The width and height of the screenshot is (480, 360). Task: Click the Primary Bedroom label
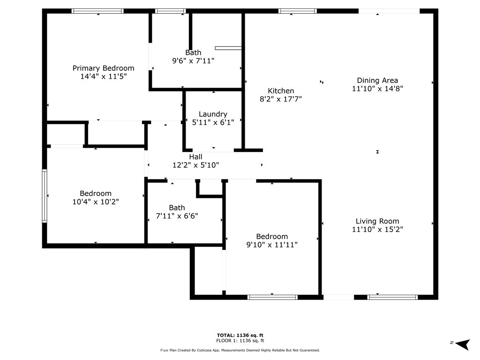tap(103, 68)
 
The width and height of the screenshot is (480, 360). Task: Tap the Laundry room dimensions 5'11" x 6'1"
tap(213, 122)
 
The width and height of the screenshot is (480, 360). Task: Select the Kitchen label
tap(281, 90)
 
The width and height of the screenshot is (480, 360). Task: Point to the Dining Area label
tap(377, 81)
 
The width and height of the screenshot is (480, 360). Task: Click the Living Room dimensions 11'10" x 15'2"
tap(377, 229)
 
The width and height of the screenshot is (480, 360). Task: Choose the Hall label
tap(195, 157)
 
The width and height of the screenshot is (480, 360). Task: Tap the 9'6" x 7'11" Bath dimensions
tap(193, 60)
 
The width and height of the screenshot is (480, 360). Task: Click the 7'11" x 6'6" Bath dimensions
tap(177, 216)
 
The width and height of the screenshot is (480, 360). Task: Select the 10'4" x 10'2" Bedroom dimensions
tap(96, 202)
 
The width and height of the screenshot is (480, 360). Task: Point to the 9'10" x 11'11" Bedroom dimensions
tap(272, 245)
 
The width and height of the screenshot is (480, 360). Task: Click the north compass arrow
tap(463, 344)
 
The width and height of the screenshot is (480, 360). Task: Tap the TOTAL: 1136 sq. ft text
tap(240, 335)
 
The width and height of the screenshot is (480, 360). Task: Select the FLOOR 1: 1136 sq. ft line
tap(240, 340)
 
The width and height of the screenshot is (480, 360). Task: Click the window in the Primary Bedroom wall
tap(97, 11)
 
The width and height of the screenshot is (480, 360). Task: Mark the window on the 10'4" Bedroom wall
tap(45, 196)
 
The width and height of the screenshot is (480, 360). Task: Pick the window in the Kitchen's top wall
tap(298, 11)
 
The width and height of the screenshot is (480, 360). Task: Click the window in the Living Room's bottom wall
tap(392, 297)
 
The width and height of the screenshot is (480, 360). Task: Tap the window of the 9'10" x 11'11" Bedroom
tap(272, 297)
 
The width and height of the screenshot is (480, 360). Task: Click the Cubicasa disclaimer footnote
tap(240, 350)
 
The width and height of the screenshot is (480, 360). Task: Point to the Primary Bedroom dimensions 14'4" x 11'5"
tap(104, 76)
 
